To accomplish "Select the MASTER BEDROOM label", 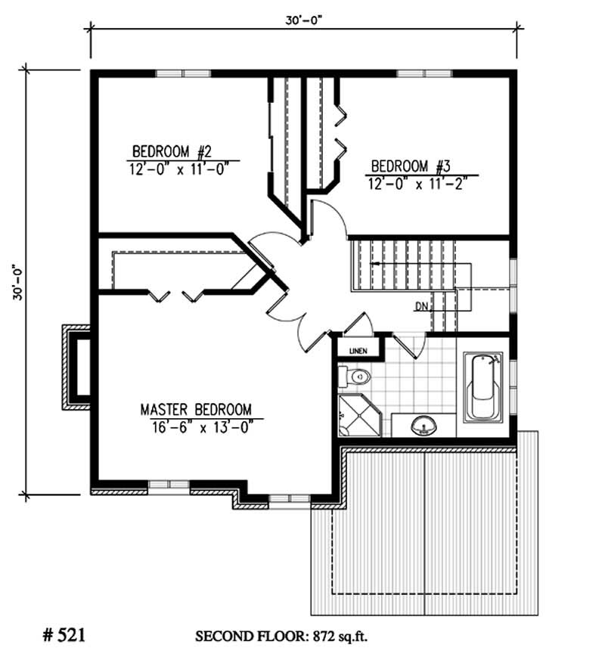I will (x=196, y=409).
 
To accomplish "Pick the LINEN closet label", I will (x=359, y=350).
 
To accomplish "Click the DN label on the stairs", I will (x=422, y=307).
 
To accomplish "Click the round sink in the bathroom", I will (x=424, y=426).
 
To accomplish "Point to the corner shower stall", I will (x=352, y=415).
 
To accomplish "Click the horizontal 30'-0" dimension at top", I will (x=306, y=20).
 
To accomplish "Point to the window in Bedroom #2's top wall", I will (x=183, y=73).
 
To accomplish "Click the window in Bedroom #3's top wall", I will (x=424, y=73).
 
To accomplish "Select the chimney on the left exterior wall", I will (x=76, y=367).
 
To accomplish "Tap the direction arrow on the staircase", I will (x=376, y=264).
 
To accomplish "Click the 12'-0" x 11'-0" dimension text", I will (x=179, y=167).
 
